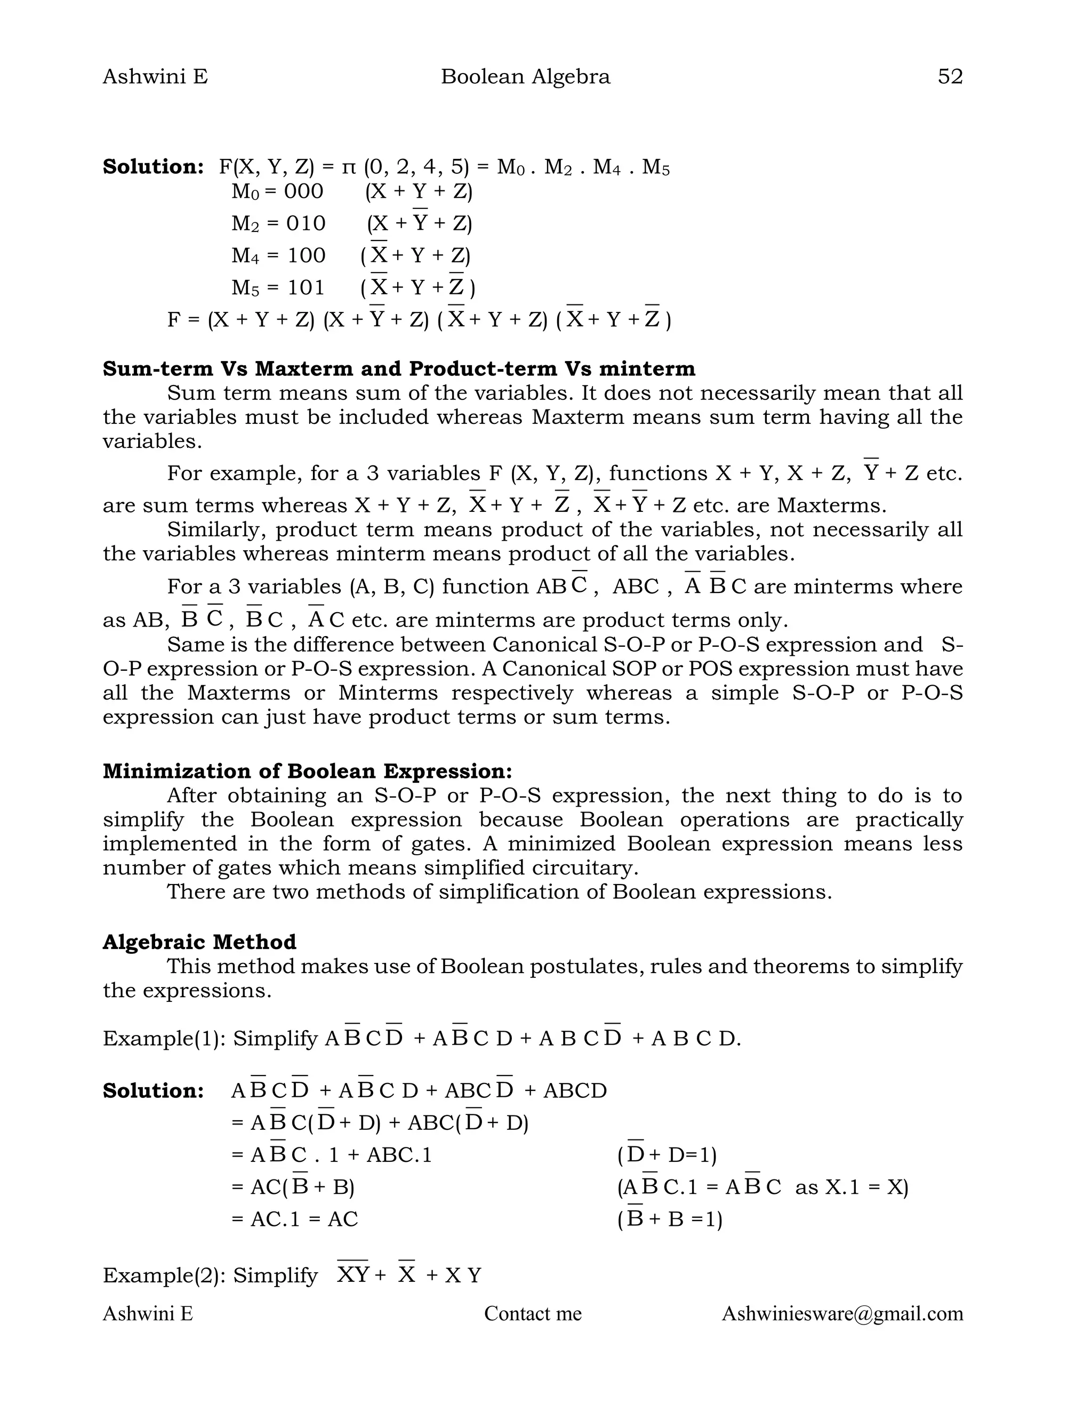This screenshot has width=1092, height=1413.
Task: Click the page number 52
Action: [950, 77]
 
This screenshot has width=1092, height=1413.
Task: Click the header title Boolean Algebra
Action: [525, 77]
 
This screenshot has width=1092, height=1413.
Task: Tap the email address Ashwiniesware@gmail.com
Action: [842, 1313]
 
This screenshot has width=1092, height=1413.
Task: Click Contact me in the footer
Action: [533, 1313]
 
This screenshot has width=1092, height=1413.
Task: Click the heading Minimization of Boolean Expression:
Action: [307, 771]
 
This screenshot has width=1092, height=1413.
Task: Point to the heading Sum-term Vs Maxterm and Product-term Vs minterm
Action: [398, 369]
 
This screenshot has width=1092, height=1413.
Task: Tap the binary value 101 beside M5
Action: [306, 287]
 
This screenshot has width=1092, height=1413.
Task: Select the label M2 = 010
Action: [278, 224]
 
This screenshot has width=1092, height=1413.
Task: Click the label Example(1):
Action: [164, 1038]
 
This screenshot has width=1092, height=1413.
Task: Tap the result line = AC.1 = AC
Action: [294, 1219]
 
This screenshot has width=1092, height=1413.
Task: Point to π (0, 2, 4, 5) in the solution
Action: [404, 167]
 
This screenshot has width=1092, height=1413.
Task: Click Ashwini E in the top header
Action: [155, 77]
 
